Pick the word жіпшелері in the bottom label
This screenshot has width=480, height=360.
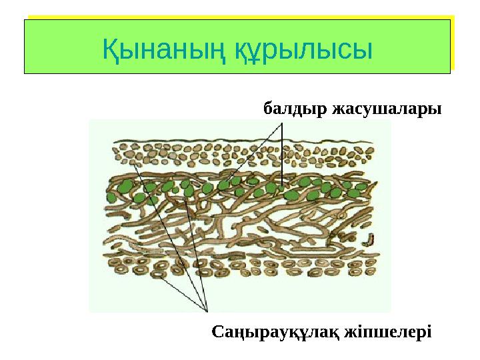tap(388, 331)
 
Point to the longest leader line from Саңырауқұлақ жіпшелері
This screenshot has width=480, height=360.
tap(169, 233)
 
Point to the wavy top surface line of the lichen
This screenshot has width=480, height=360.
tap(240, 142)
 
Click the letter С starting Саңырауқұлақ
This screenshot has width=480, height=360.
tap(218, 331)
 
